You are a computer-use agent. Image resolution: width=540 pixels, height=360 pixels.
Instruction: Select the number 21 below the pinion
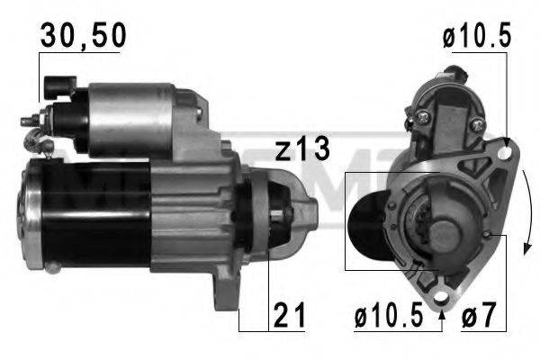pos(289,316)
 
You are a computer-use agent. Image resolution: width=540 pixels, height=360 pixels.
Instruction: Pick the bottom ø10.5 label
pos(388,316)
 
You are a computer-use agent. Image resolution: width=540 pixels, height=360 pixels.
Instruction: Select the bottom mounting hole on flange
pos(441,291)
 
